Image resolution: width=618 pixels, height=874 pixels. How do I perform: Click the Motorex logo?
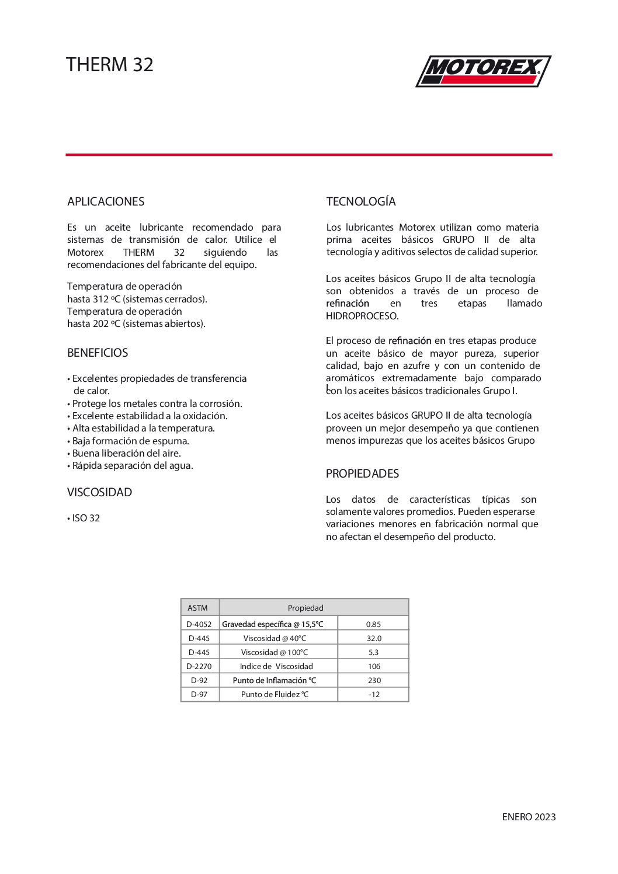click(x=483, y=71)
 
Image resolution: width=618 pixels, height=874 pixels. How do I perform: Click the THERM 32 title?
click(x=110, y=64)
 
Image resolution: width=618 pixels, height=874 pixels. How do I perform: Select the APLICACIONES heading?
click(x=106, y=201)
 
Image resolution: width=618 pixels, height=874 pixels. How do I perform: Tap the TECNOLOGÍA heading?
click(x=361, y=201)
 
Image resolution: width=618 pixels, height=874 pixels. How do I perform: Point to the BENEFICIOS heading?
click(x=98, y=353)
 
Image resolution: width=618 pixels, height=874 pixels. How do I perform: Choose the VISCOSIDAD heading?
click(x=99, y=492)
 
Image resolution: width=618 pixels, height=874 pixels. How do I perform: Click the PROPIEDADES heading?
click(x=362, y=473)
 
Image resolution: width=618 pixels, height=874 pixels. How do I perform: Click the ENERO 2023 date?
click(x=529, y=817)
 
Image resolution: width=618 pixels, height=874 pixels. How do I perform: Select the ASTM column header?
click(x=197, y=608)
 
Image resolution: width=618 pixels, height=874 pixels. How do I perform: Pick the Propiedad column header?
click(x=305, y=608)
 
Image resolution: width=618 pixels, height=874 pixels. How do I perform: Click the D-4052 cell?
click(x=199, y=624)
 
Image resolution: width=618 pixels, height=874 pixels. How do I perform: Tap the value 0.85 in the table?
click(x=373, y=624)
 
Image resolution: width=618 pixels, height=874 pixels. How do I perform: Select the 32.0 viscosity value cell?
click(x=374, y=638)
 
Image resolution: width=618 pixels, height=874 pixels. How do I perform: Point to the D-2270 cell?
click(x=199, y=666)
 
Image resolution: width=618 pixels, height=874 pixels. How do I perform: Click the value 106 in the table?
click(x=374, y=666)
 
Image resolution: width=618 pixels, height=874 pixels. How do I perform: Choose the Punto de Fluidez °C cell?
click(x=275, y=694)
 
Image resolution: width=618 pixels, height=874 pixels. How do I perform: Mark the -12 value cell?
click(x=374, y=694)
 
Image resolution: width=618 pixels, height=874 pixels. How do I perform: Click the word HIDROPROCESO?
click(x=362, y=316)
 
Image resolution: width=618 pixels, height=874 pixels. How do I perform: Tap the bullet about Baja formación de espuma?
click(x=130, y=441)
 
